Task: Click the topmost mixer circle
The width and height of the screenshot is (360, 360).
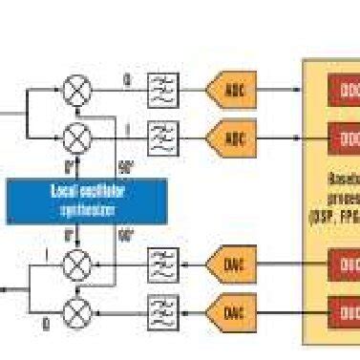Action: point(76,92)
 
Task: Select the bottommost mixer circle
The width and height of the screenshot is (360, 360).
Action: point(76,309)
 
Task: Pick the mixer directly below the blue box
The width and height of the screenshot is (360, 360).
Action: point(76,263)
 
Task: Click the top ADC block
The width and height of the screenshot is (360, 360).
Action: point(232,92)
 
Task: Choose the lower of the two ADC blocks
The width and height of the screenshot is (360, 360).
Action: point(232,138)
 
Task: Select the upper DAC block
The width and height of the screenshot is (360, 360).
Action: point(232,263)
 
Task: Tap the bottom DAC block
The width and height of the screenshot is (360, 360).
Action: point(232,309)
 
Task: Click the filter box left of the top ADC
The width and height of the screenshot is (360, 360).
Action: point(163,92)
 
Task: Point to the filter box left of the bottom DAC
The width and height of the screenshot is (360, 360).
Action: point(163,309)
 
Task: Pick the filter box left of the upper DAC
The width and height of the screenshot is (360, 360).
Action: point(163,263)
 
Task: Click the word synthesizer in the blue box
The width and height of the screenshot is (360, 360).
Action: point(81,208)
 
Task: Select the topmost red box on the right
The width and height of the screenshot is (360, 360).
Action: point(345,92)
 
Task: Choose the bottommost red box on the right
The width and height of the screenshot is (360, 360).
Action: point(345,309)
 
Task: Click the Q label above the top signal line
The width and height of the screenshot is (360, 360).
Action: point(126,79)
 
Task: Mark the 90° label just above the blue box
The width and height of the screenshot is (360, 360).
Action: point(125,164)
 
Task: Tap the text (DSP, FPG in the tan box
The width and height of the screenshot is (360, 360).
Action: point(333,216)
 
